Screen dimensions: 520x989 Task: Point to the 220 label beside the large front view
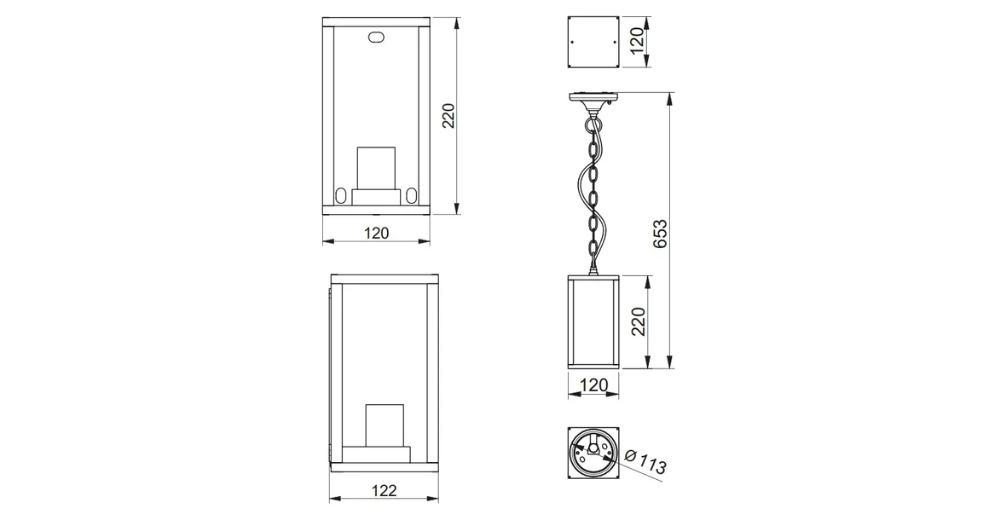[449, 115]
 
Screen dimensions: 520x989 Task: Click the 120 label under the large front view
[376, 232]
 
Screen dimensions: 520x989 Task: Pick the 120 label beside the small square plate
[635, 40]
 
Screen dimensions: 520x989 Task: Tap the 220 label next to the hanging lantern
[638, 322]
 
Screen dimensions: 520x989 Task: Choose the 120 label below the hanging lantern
[593, 385]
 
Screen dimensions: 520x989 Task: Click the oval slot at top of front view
[376, 38]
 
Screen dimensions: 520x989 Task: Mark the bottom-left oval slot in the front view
[341, 195]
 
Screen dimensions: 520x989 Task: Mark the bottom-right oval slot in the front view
[412, 195]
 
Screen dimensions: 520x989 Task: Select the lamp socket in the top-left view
[376, 170]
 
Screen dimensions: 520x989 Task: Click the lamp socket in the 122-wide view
[385, 426]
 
